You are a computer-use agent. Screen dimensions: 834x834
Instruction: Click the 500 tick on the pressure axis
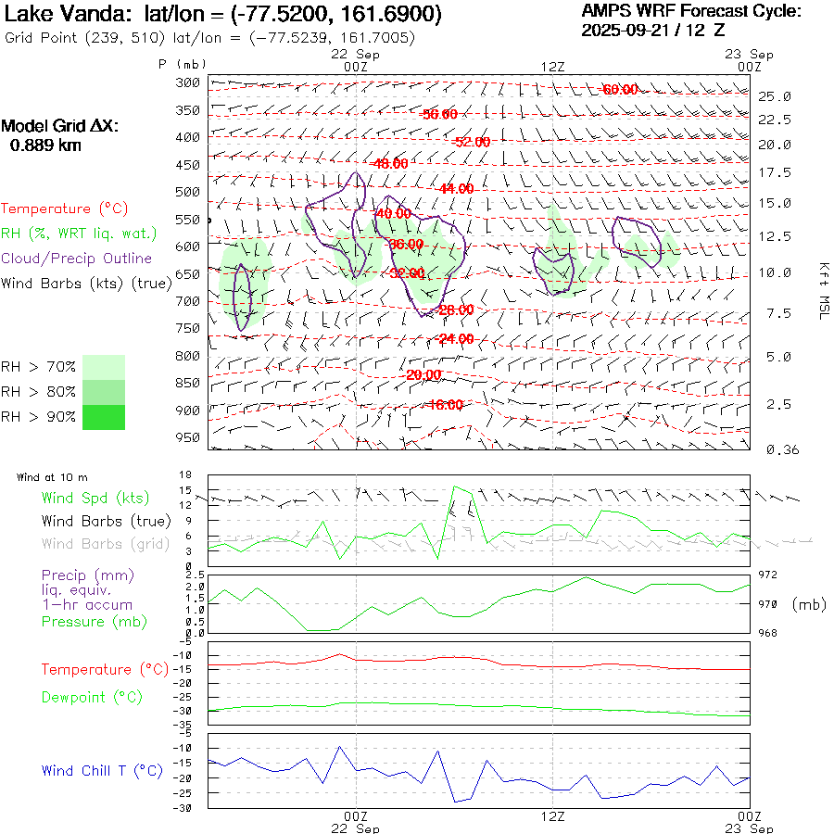[x=188, y=192]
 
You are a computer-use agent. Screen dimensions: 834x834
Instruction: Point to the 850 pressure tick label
[x=188, y=383]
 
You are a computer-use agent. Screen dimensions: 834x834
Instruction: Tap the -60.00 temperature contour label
[x=620, y=90]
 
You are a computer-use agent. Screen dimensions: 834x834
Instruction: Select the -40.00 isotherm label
[x=393, y=213]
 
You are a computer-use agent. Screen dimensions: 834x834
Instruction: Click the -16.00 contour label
[x=446, y=405]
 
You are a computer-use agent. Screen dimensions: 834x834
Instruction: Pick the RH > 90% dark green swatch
[x=104, y=417]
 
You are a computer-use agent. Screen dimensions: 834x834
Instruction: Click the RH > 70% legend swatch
[x=104, y=367]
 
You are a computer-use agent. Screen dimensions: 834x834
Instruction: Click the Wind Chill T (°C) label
[x=102, y=771]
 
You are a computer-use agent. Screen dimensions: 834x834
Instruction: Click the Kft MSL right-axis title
[x=822, y=290]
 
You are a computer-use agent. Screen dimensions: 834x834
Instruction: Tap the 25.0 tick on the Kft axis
[x=775, y=96]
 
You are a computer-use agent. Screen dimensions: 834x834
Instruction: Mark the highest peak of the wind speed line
[x=454, y=486]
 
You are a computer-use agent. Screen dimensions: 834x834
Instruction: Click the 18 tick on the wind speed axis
[x=185, y=474]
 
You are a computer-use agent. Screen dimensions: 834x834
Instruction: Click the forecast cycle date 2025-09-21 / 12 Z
[x=653, y=30]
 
